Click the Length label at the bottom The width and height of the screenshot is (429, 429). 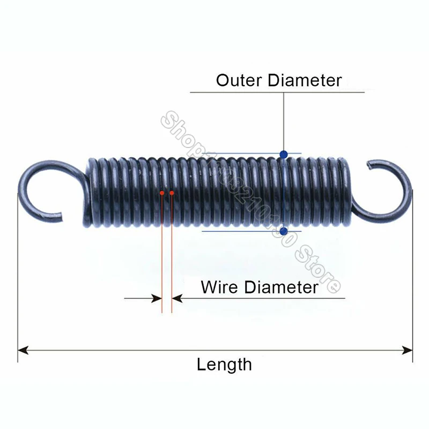point(224,365)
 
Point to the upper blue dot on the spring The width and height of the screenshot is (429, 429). point(284,154)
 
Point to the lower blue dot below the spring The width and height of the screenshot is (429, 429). point(284,232)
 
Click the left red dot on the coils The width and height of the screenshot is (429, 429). point(162,192)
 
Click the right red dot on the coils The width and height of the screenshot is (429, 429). point(172,192)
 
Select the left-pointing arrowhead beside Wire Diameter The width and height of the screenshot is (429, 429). point(177,298)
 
